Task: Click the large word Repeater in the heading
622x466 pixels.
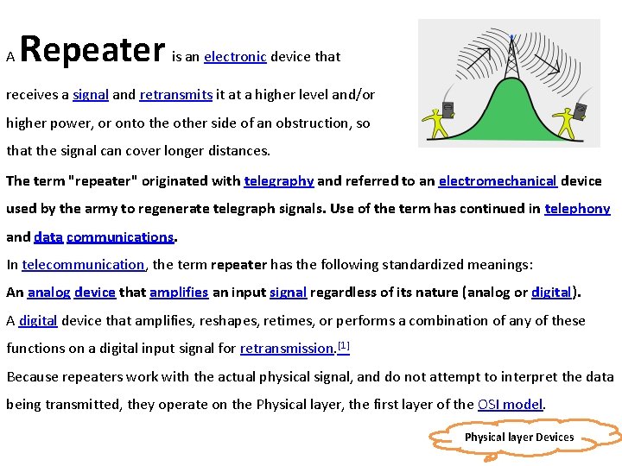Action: coord(92,50)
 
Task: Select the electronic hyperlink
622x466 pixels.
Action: coord(235,57)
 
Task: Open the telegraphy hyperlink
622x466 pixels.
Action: coord(278,181)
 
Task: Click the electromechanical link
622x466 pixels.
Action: coord(497,181)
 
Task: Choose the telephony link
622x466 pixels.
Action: coord(577,209)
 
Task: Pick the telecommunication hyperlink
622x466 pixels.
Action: coord(83,265)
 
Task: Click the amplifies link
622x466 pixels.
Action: coord(179,293)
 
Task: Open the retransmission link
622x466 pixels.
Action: coord(287,349)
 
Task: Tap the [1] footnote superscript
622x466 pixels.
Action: coord(343,345)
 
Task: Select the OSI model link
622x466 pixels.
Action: coord(511,404)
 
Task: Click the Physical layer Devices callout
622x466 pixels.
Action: coord(518,438)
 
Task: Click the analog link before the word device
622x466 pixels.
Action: coord(48,293)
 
